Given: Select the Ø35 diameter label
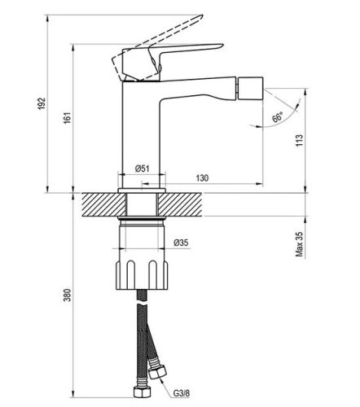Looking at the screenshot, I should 180,243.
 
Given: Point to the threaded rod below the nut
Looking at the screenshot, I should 143,301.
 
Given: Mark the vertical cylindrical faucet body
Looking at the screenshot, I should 142,130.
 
